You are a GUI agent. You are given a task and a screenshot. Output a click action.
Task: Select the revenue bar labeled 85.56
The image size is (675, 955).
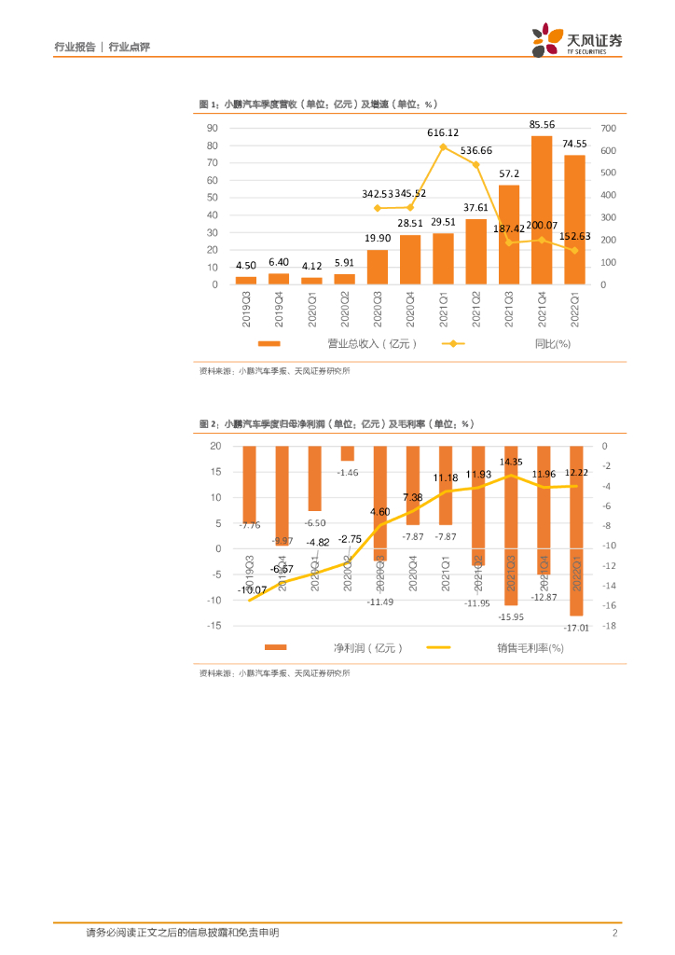[x=542, y=210]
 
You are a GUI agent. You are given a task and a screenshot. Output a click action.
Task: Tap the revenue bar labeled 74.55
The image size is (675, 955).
[x=574, y=219]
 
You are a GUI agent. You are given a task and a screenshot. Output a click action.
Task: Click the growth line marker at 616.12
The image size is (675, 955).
[x=443, y=147]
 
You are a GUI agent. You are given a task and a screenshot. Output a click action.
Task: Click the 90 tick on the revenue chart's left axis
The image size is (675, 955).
[x=213, y=128]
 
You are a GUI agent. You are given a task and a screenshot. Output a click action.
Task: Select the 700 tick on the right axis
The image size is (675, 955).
[x=610, y=128]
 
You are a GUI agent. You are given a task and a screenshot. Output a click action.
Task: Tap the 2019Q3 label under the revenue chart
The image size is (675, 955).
[x=246, y=307]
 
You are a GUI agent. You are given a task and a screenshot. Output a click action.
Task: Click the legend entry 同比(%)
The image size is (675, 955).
[x=549, y=343]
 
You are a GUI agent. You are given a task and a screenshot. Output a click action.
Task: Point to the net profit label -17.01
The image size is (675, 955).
[x=576, y=629]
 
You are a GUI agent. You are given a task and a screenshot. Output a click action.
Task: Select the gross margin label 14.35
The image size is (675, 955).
[x=511, y=462]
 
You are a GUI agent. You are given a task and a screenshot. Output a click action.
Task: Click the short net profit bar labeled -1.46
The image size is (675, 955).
[x=347, y=453]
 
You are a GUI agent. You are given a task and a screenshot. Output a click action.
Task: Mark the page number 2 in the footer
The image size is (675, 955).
[x=615, y=933]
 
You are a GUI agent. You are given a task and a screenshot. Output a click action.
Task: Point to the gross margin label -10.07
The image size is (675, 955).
[x=252, y=589]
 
